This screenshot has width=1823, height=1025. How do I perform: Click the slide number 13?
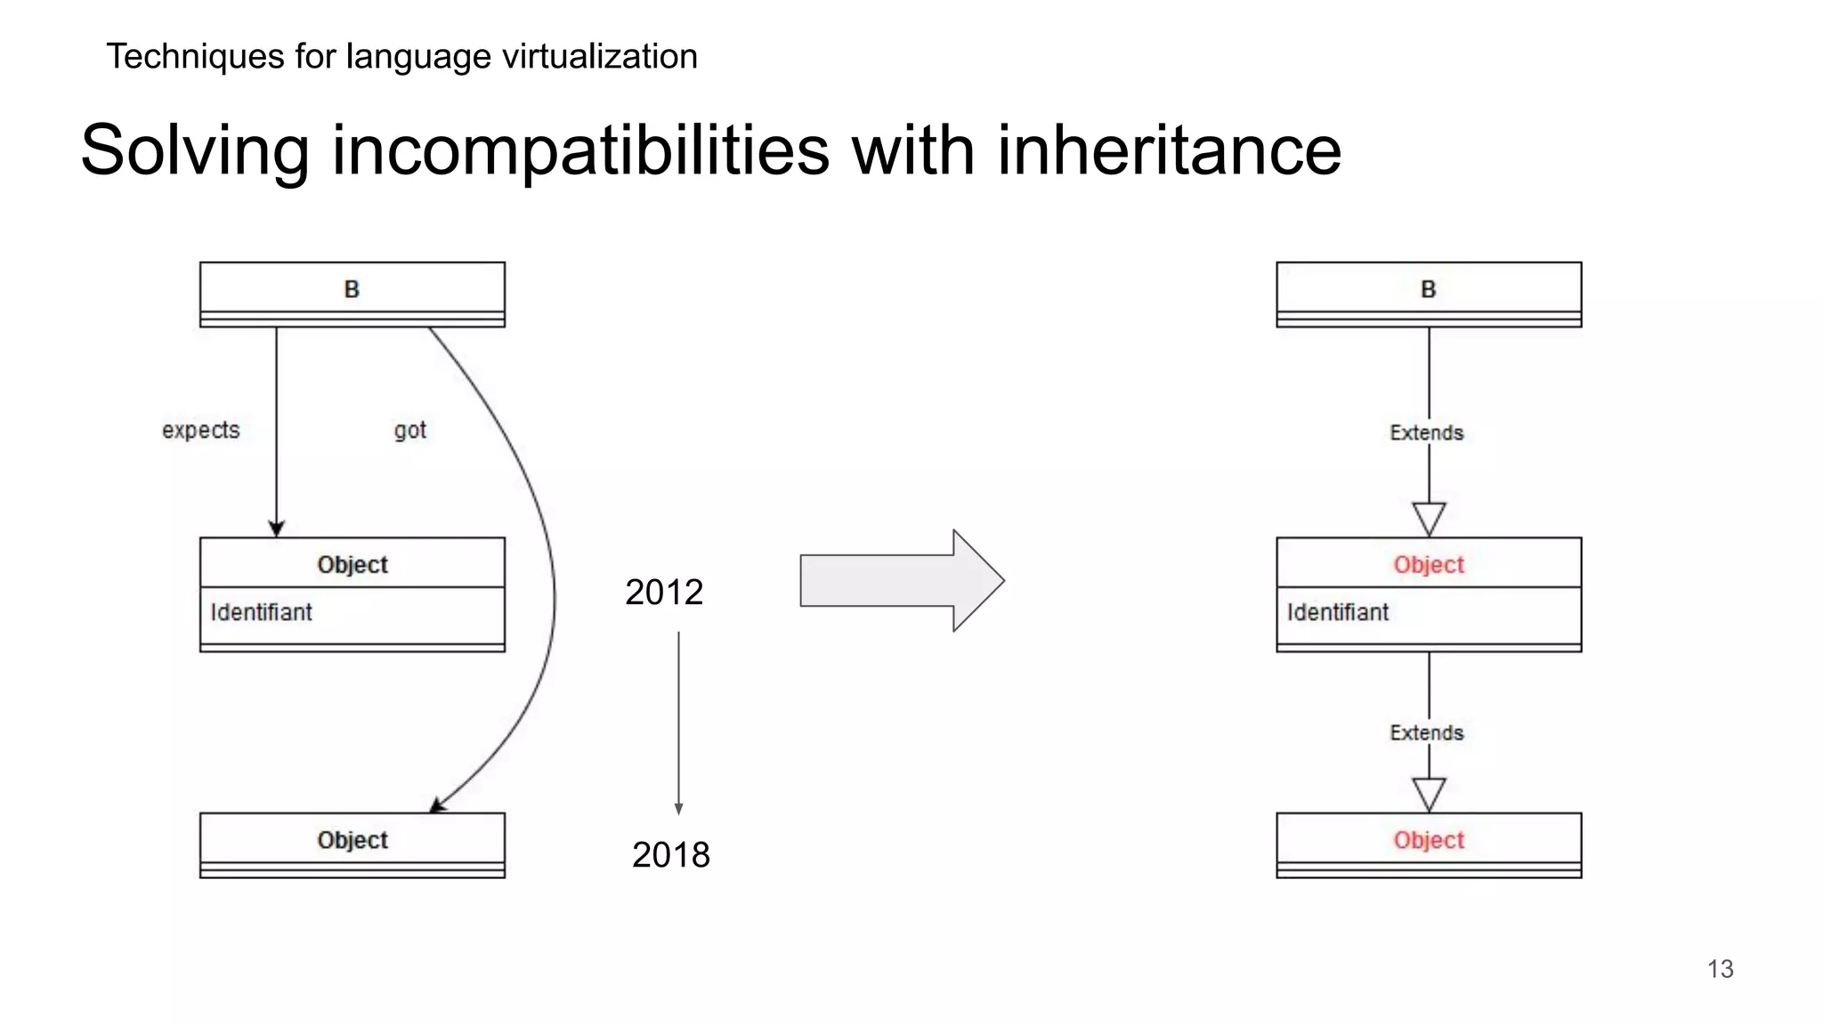coord(1720,969)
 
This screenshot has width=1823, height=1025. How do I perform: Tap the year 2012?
coord(664,593)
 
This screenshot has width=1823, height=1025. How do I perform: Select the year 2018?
coord(671,855)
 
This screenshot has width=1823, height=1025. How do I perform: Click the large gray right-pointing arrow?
coord(902,581)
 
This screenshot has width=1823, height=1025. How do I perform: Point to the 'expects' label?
coord(201,431)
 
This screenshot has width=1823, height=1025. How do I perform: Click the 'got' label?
coord(410,431)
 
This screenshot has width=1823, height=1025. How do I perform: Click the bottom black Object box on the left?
coord(352,844)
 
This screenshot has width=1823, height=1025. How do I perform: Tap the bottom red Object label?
coord(1429,840)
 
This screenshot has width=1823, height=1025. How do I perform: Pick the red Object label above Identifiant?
coord(1429,565)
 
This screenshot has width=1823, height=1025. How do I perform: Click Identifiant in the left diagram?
coord(262,612)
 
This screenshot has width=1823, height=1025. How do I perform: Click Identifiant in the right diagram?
coord(1338,612)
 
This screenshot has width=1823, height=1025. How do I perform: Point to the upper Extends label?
coord(1427,433)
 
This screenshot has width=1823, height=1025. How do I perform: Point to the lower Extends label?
coord(1427,733)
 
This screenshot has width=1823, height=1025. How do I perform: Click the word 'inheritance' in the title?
coord(1169,150)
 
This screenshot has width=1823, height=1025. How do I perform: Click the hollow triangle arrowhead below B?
coord(1429,519)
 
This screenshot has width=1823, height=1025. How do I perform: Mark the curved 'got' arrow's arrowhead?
coord(437,805)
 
